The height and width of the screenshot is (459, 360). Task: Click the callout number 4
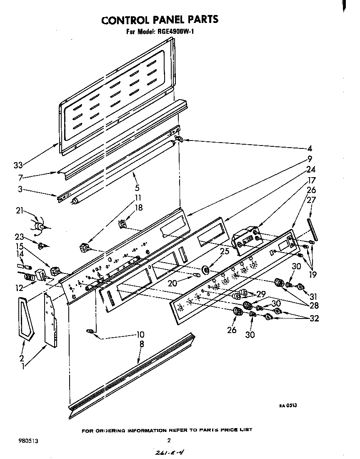tap(309, 148)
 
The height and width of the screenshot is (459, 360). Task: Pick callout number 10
tap(140, 334)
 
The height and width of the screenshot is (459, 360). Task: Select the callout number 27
tap(311, 200)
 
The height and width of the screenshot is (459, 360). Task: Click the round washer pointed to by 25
tap(205, 271)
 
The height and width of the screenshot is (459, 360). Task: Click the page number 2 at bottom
tap(169, 440)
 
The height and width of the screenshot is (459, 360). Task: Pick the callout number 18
tap(139, 207)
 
